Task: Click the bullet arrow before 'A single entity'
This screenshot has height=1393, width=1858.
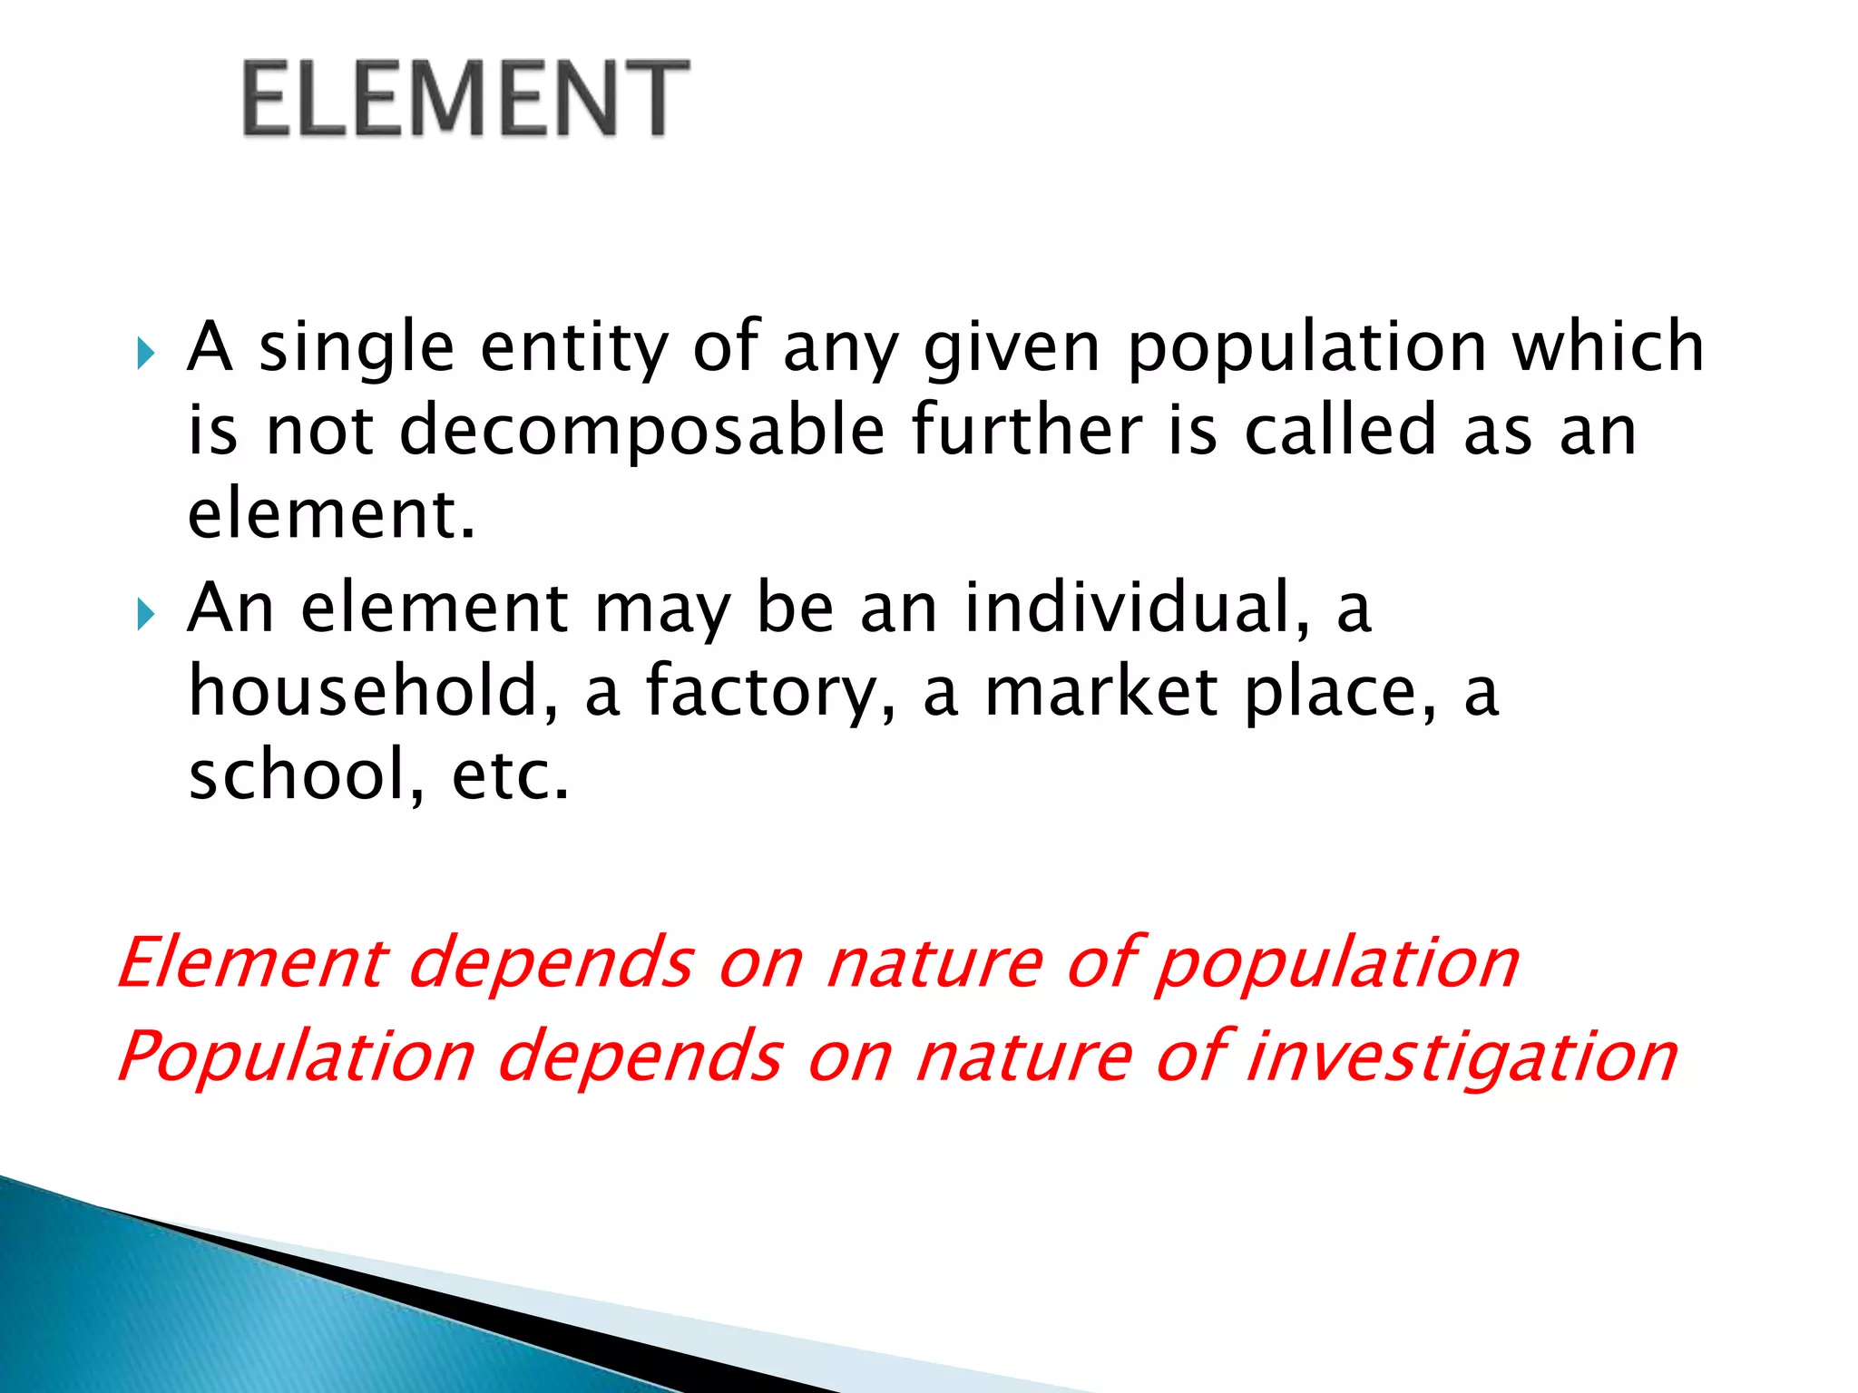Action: point(145,354)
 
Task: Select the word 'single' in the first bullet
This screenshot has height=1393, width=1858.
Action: point(356,348)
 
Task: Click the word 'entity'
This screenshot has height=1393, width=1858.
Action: point(573,348)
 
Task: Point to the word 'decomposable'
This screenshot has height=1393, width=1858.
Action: point(641,432)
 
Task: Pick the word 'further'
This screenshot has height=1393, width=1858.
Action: point(1027,430)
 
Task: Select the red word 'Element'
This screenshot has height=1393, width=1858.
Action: point(251,963)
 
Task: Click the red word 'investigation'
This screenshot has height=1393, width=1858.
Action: point(1462,1057)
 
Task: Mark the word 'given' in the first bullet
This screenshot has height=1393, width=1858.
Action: point(1012,350)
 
